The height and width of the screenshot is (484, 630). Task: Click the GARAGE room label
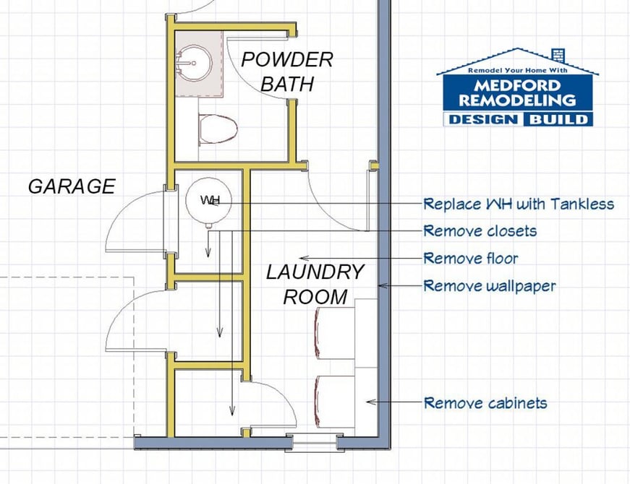click(72, 186)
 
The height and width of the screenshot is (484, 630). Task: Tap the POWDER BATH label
click(287, 72)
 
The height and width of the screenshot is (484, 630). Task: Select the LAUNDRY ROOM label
click(315, 285)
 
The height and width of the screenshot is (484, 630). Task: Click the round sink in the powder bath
click(194, 63)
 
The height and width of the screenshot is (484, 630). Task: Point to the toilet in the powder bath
click(218, 129)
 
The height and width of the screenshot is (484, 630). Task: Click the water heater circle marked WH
click(208, 200)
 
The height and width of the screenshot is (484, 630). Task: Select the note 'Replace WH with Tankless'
click(519, 204)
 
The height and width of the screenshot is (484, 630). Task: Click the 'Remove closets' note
click(480, 231)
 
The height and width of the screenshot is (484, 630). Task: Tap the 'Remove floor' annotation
click(471, 258)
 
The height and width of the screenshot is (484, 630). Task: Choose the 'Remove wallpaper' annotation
click(490, 286)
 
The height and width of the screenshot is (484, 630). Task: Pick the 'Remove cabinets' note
click(485, 402)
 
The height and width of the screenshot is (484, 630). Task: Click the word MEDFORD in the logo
click(517, 85)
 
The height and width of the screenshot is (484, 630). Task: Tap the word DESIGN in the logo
click(483, 119)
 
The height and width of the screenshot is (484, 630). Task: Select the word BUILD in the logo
click(558, 119)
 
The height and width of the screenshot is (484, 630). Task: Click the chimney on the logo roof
click(559, 55)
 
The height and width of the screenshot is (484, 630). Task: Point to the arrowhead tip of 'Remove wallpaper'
click(379, 286)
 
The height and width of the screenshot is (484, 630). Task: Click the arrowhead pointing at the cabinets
click(367, 402)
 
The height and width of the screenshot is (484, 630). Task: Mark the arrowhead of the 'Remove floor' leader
click(299, 258)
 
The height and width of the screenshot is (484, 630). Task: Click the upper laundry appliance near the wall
click(335, 333)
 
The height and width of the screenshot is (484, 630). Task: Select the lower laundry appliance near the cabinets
click(335, 402)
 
